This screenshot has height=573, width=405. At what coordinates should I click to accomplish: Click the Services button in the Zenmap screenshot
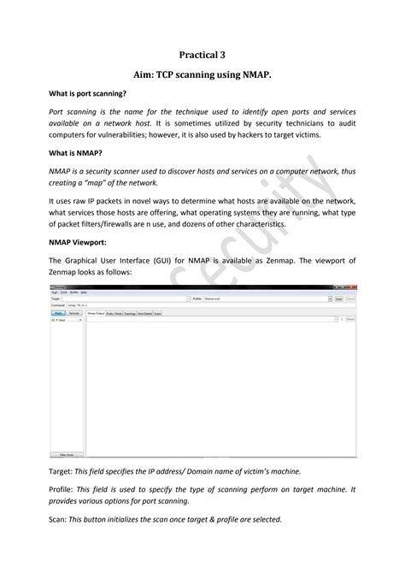click(x=75, y=313)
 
